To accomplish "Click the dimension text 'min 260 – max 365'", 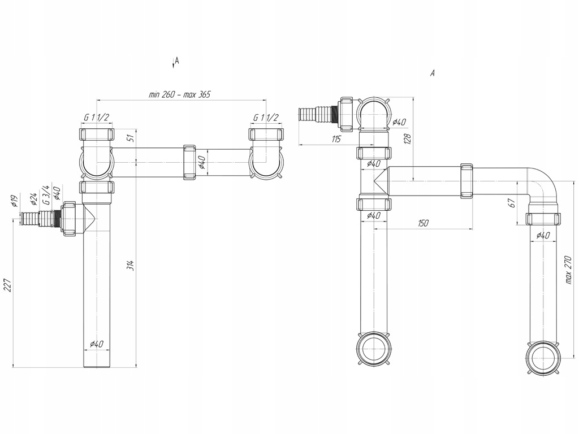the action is pyautogui.click(x=179, y=95).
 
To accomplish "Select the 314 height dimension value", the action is pyautogui.click(x=130, y=264).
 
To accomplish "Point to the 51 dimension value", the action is pyautogui.click(x=131, y=137).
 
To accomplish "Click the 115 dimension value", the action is pyautogui.click(x=336, y=139).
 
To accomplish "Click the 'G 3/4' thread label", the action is pyautogui.click(x=45, y=194).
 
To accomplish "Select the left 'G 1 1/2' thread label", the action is pyautogui.click(x=96, y=118).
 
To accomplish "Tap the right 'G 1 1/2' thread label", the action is pyautogui.click(x=266, y=118).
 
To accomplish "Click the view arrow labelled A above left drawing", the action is pyautogui.click(x=175, y=62).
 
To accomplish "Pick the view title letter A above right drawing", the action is pyautogui.click(x=433, y=73).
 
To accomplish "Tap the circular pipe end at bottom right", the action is pyautogui.click(x=543, y=358).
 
